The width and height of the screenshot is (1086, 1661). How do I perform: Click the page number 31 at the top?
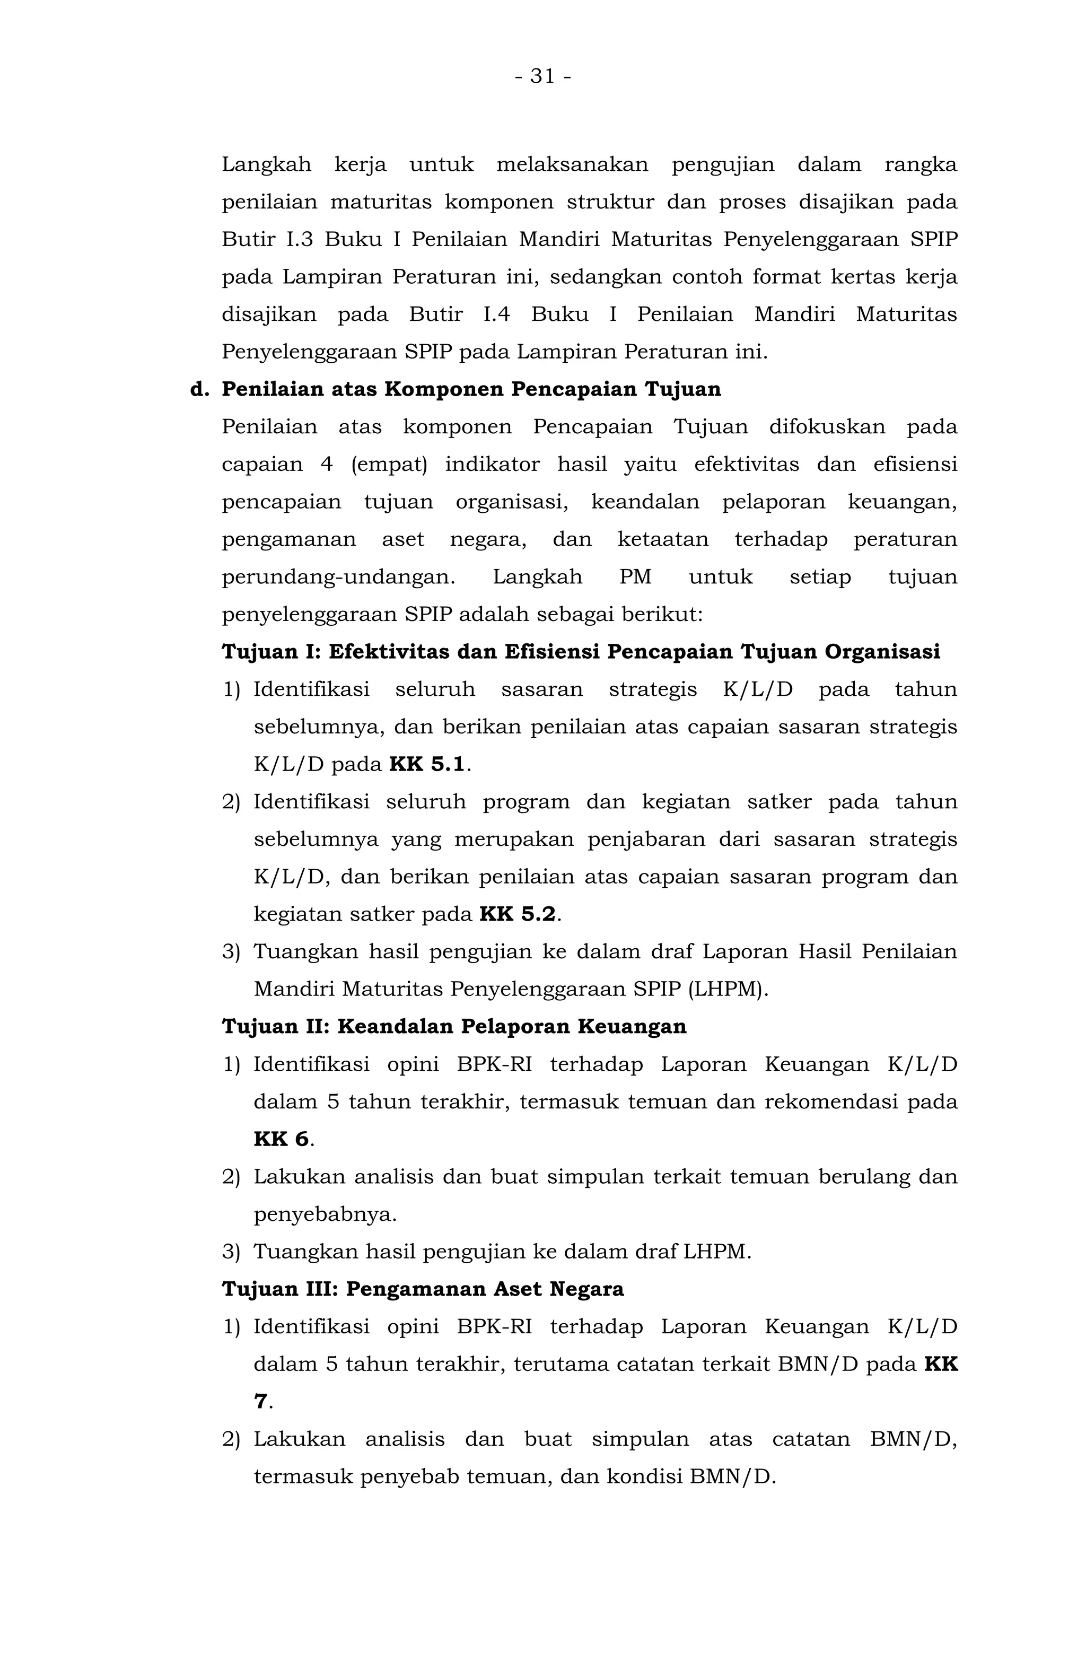[x=542, y=75]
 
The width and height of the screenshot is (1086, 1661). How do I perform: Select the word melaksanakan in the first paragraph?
[x=572, y=165]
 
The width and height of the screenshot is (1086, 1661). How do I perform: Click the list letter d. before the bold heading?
[x=199, y=389]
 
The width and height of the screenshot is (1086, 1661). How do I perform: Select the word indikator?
[x=492, y=464]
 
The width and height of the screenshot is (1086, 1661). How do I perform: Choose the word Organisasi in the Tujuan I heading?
[x=882, y=652]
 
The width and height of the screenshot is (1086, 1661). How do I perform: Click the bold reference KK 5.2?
[x=517, y=914]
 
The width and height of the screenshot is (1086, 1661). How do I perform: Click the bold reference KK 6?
[x=281, y=1139]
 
